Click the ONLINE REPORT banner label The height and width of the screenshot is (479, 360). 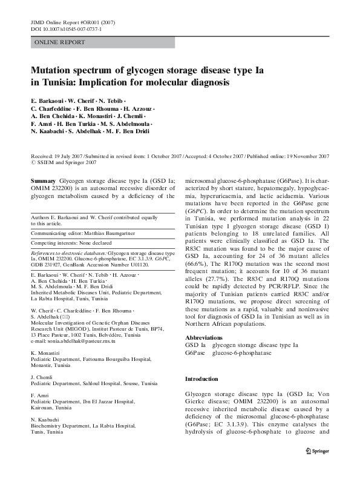[60, 42]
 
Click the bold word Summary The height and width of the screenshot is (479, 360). [43, 181]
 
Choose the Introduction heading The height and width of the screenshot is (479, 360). [201, 379]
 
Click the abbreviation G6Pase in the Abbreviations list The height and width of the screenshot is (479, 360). [195, 352]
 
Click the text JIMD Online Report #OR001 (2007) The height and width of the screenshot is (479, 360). [73, 21]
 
